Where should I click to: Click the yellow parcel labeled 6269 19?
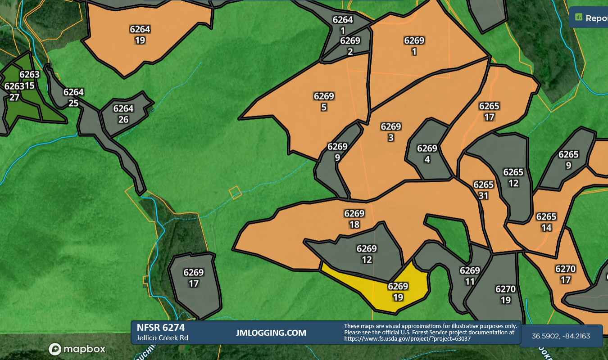click(x=398, y=292)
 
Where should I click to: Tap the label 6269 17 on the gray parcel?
click(x=194, y=278)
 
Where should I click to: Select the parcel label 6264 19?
click(x=140, y=35)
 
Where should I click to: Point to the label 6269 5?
click(x=324, y=102)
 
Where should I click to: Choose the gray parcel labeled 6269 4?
click(x=427, y=154)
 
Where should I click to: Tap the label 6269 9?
click(x=337, y=152)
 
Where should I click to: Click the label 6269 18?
click(x=354, y=219)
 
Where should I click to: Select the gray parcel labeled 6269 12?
click(x=367, y=254)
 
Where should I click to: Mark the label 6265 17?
click(x=489, y=112)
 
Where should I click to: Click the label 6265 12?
click(x=513, y=178)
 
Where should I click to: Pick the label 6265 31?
click(x=484, y=190)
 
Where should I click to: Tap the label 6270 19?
click(x=505, y=294)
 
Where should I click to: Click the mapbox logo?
click(x=77, y=349)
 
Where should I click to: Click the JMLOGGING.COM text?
click(x=271, y=333)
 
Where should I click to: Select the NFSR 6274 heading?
click(x=160, y=328)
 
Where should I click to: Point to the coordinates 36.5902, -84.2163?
click(x=561, y=336)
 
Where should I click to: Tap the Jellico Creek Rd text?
click(x=162, y=337)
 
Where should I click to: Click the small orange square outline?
click(x=235, y=193)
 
